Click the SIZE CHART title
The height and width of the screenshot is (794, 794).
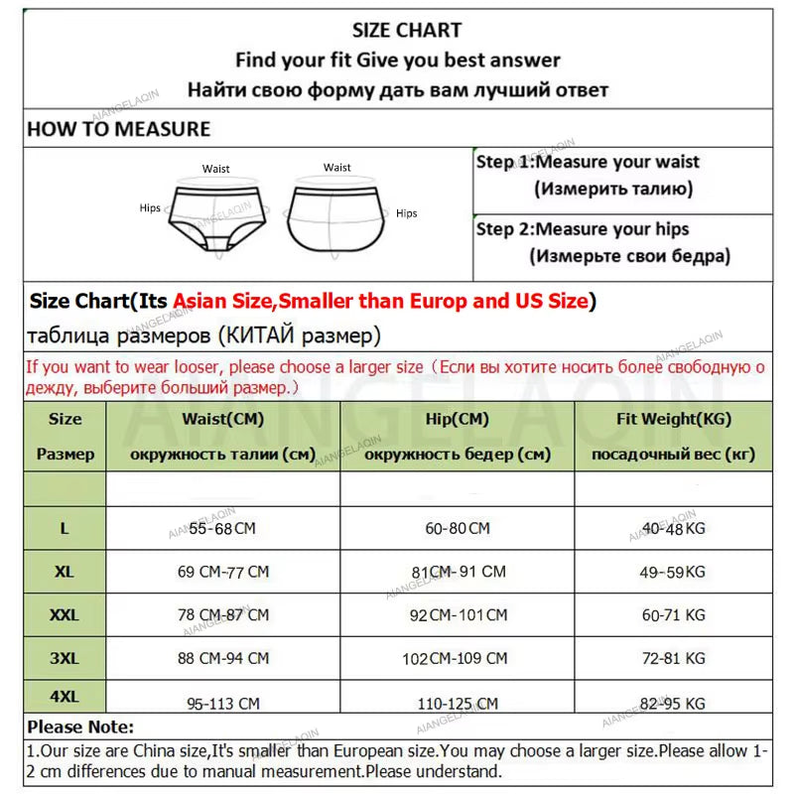pos(407,31)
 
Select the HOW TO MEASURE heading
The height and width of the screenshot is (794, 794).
pos(119,129)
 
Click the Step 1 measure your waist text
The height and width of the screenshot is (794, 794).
pos(588,162)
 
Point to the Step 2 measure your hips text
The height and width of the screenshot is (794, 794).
pos(583,229)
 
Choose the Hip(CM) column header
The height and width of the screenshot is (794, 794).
pos(457,419)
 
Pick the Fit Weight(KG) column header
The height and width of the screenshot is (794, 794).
pos(673,419)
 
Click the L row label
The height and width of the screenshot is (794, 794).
pos(65,529)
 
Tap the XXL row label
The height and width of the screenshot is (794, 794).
pos(65,615)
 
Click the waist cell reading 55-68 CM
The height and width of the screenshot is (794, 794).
pos(222,529)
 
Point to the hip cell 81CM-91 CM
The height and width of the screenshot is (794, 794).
pos(457,573)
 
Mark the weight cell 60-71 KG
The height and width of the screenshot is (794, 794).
pos(673,615)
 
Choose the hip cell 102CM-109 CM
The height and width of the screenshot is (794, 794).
pos(457,658)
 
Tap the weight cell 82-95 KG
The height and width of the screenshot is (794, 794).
pos(673,704)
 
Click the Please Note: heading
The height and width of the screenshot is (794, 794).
pos(80,728)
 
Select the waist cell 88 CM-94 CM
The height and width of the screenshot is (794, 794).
pos(222,658)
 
